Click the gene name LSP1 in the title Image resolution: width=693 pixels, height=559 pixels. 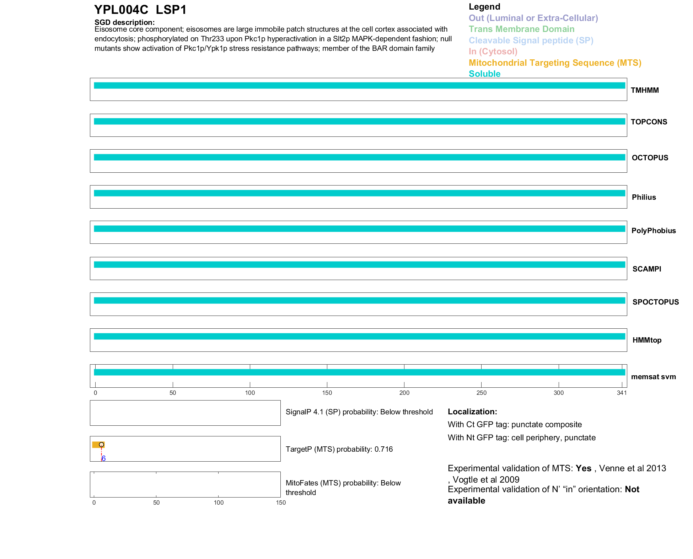[x=171, y=10]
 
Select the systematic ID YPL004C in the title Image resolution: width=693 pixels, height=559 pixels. [x=121, y=10]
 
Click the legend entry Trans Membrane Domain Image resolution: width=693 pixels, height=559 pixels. [x=521, y=29]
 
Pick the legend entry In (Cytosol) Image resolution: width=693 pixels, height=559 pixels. [x=493, y=52]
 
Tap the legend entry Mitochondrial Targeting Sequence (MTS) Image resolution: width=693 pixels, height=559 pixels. [x=555, y=63]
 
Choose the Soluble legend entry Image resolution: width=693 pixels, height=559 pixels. [x=484, y=74]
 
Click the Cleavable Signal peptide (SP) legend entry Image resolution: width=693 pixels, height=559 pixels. [x=531, y=41]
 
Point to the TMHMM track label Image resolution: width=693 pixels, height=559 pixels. [x=645, y=90]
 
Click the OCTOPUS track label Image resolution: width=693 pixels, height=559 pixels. [x=650, y=158]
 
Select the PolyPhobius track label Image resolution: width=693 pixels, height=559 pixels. [x=653, y=231]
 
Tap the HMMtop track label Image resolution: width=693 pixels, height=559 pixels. [x=647, y=340]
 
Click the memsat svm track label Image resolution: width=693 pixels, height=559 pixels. [x=653, y=377]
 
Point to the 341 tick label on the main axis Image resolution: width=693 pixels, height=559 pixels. [x=622, y=393]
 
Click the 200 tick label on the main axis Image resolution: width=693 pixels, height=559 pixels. [x=404, y=393]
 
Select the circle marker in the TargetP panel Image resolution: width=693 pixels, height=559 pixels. [x=102, y=445]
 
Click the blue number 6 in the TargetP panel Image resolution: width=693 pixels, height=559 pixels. [x=103, y=458]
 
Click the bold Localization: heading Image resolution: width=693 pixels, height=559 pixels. [x=472, y=412]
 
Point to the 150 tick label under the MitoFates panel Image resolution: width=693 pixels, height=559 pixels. [x=281, y=502]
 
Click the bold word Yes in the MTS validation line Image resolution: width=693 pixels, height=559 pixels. [x=583, y=468]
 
